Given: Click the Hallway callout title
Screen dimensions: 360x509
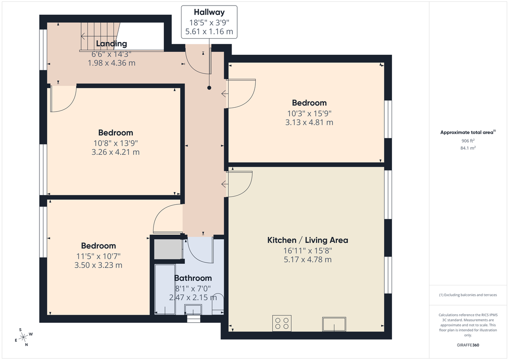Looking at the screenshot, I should [209, 12].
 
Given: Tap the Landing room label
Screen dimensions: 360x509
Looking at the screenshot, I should [111, 43].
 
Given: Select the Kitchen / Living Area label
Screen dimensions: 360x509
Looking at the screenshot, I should [308, 240].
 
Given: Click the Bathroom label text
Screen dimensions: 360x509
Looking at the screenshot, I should [193, 278].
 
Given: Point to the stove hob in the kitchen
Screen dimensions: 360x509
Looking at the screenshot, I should [282, 324].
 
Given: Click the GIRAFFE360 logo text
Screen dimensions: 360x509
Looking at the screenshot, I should [468, 345].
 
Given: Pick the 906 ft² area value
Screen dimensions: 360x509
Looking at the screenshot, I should [468, 141].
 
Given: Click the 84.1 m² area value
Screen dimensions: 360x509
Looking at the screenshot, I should [468, 148].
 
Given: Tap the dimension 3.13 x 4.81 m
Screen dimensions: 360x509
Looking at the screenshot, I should [309, 123].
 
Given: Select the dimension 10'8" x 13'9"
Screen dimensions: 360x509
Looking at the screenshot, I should [115, 143].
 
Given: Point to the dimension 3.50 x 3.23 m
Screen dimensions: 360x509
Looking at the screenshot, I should [98, 265].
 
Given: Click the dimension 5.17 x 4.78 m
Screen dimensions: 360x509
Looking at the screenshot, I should [308, 260].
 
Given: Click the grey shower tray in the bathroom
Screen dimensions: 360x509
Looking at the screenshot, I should [167, 249].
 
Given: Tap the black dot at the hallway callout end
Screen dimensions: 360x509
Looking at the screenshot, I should [209, 88].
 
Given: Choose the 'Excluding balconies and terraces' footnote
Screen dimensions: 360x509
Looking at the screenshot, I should [468, 295].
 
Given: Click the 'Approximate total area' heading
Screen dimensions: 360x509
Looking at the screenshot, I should [467, 132].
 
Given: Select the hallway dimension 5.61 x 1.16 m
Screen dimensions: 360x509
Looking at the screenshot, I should [209, 31].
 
